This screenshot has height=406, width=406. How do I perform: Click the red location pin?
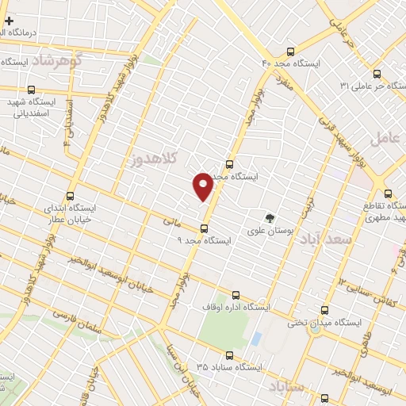click(x=204, y=186)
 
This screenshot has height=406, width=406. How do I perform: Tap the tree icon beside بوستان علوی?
click(x=271, y=217)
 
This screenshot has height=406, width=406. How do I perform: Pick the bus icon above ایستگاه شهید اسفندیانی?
click(x=31, y=90)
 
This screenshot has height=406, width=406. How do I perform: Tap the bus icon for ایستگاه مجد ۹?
click(x=205, y=228)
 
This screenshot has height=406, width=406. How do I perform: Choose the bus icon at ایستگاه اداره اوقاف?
click(x=246, y=293)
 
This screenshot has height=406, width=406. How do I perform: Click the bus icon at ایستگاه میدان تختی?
click(x=324, y=311)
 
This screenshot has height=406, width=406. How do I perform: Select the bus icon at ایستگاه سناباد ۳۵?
click(x=229, y=355)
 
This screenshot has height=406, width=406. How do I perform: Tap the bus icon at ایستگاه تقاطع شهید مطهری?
click(x=388, y=192)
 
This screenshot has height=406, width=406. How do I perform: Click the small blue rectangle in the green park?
click(x=255, y=338)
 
